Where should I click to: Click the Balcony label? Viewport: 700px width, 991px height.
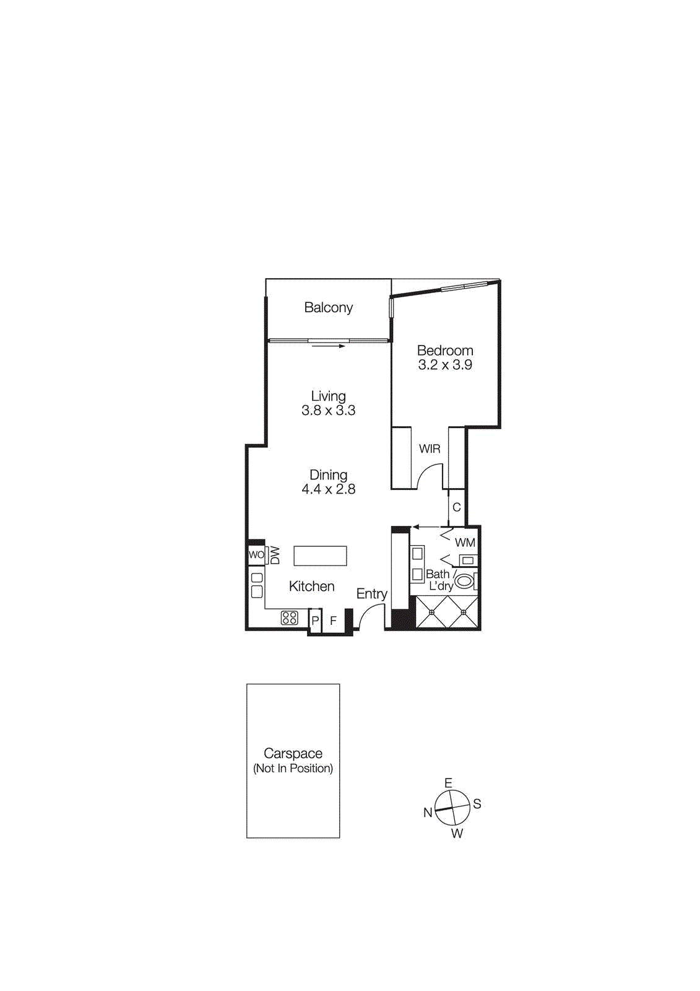328,308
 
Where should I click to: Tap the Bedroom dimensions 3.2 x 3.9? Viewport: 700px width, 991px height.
444,365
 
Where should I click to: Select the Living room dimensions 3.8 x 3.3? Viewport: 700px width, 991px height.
328,411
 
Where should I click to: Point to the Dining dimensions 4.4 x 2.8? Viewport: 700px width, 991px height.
328,489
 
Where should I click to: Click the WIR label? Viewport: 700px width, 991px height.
430,449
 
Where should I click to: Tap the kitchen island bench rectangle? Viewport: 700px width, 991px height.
320,556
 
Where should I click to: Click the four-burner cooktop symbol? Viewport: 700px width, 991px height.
289,618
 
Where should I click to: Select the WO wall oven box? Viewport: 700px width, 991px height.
256,554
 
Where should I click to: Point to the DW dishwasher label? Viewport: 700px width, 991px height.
275,555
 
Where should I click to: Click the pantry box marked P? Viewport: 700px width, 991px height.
315,621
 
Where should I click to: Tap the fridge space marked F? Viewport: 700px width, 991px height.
333,621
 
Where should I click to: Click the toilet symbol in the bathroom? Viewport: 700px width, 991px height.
464,581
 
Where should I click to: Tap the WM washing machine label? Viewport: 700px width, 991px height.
465,543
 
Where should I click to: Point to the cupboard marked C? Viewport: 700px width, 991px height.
456,507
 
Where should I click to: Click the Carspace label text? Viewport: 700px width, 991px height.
293,754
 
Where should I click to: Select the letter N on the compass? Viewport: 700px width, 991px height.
428,813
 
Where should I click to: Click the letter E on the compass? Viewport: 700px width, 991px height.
448,783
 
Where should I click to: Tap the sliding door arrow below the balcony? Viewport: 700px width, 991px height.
328,346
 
